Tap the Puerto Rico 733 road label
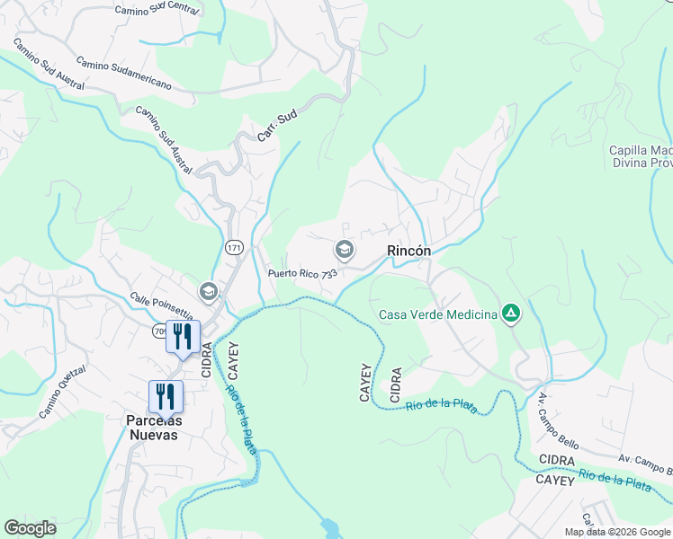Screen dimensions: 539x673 [x=302, y=273]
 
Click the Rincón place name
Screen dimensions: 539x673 [x=408, y=252]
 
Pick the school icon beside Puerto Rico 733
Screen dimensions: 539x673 [x=343, y=249]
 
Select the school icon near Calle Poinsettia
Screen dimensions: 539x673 [x=208, y=291]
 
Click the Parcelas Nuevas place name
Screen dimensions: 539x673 [x=152, y=428]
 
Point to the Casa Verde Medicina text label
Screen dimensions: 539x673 [x=438, y=314]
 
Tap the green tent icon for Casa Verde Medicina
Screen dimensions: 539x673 [x=510, y=313]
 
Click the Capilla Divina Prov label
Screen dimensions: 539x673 [x=641, y=156]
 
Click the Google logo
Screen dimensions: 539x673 [x=30, y=528]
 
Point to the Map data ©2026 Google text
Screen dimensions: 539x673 [x=617, y=532]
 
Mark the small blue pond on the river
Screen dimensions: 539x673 [x=329, y=527]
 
